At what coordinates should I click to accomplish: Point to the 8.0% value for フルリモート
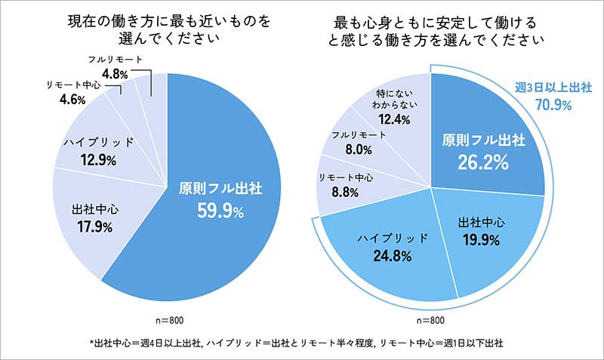tap(358, 150)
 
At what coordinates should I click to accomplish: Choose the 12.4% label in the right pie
tap(396, 120)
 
